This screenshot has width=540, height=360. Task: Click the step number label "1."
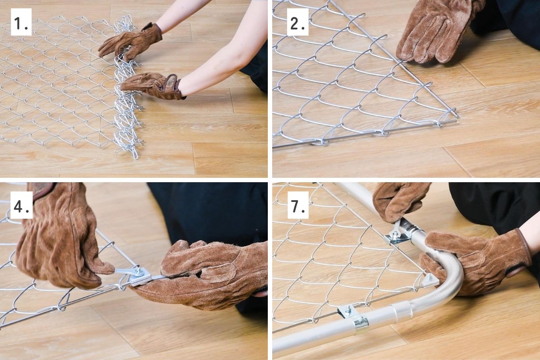tap(21, 22)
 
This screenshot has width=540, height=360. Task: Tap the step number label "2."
tap(298, 22)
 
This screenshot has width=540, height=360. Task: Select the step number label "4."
tap(22, 205)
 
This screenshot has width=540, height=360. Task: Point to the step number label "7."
tap(298, 205)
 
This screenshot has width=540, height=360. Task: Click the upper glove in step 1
tap(131, 41)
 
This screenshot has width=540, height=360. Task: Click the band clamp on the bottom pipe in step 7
tap(360, 323)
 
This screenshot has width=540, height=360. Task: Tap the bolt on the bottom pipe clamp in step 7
tap(348, 310)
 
